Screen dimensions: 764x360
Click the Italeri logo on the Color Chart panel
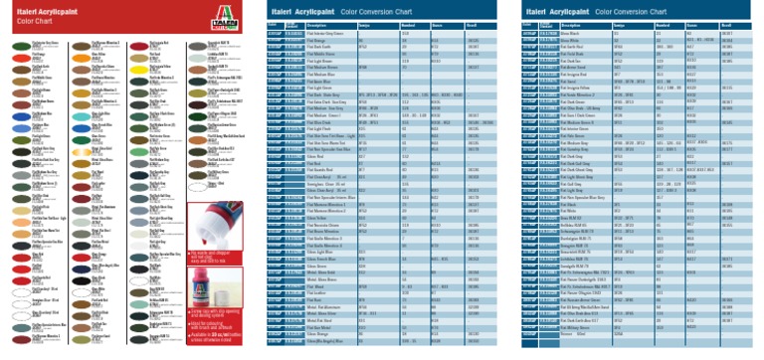pos(231,17)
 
